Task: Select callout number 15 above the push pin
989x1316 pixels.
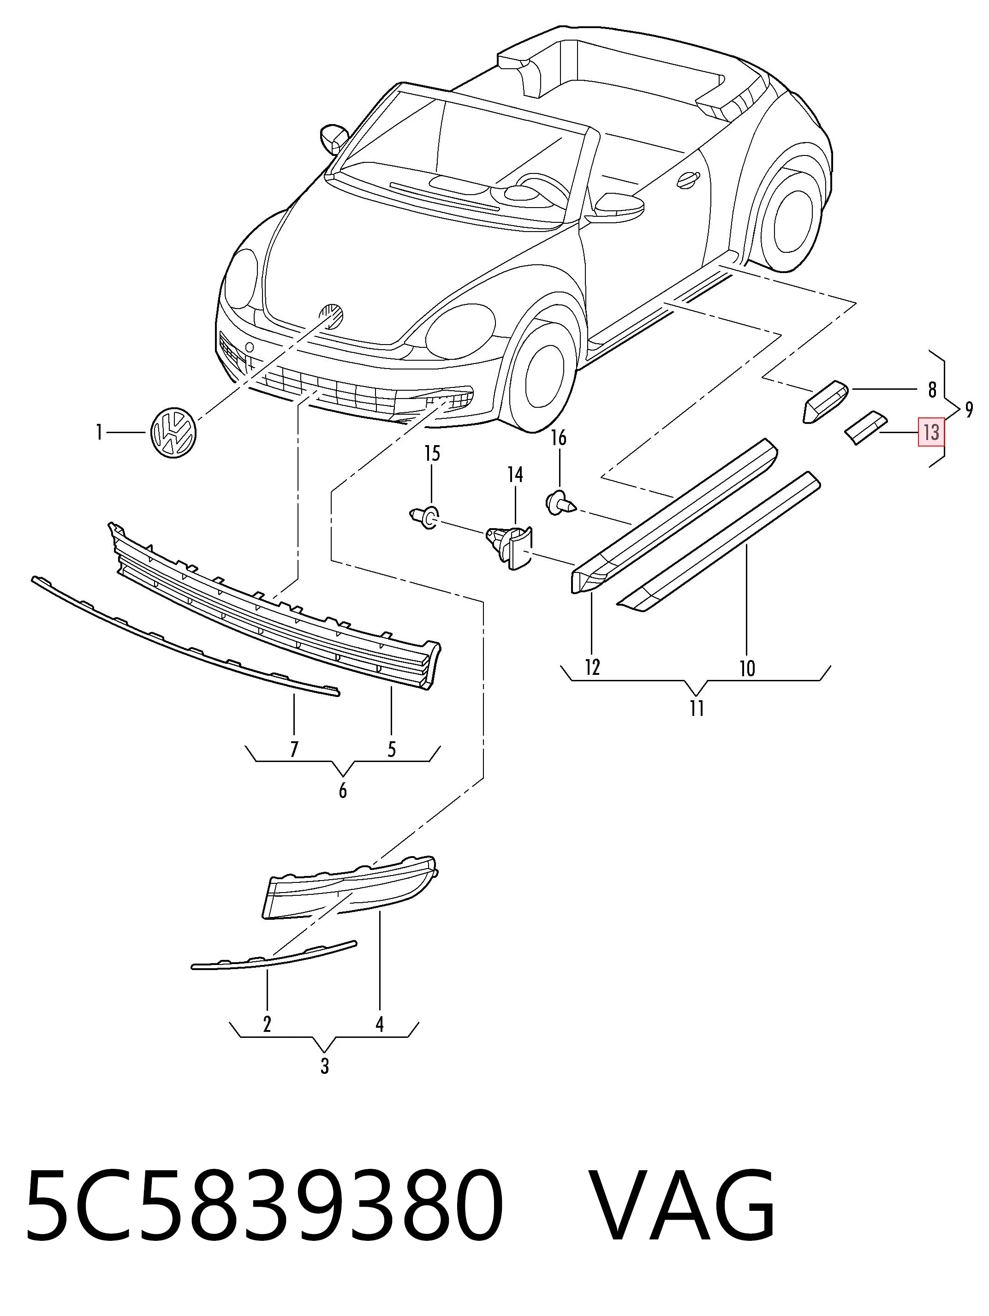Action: click(x=432, y=454)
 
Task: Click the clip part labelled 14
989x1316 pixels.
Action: click(x=511, y=544)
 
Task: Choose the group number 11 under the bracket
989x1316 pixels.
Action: click(x=697, y=709)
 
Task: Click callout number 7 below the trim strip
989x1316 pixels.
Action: click(x=294, y=749)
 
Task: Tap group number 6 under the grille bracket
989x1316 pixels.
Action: click(x=342, y=791)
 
